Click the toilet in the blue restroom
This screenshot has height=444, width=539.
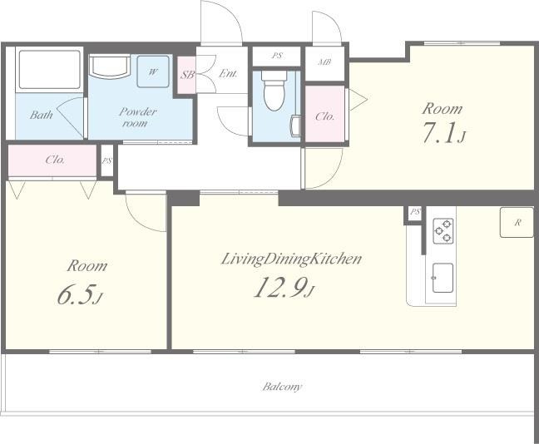(x=274, y=91)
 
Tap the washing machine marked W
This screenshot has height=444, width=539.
(x=153, y=72)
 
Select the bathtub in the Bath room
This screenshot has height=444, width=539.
(x=50, y=70)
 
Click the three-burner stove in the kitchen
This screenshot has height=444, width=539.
(x=443, y=231)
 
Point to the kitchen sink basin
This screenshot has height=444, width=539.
(x=443, y=278)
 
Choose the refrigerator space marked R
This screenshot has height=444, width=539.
(x=517, y=222)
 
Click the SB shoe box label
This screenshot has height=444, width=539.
(x=188, y=75)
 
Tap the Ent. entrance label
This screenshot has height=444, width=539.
(x=228, y=73)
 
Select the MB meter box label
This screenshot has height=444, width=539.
(x=324, y=62)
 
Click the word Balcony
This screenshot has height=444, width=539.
(x=282, y=387)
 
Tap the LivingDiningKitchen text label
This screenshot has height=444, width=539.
(x=291, y=259)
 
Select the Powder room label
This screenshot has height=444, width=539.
(x=137, y=117)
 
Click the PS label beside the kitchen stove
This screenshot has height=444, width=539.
(x=415, y=212)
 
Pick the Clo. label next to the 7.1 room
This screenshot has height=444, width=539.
(x=325, y=116)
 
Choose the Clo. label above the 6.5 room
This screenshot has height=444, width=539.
(x=55, y=160)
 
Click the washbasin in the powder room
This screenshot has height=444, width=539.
(x=110, y=67)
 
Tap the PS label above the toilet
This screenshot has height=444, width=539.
(x=277, y=56)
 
